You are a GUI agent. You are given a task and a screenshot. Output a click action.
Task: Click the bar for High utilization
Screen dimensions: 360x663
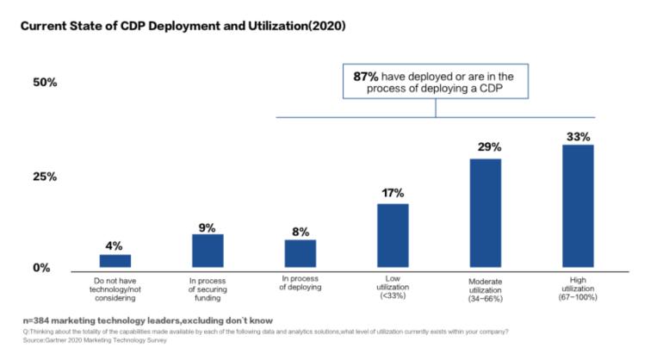578,207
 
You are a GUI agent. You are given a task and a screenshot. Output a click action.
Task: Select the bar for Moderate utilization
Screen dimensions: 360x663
486,214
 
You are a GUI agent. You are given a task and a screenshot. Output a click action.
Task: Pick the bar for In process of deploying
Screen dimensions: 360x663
301,254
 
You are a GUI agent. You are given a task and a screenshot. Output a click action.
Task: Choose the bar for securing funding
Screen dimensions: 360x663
208,251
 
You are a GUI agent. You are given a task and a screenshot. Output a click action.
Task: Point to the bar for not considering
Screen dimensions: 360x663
115,261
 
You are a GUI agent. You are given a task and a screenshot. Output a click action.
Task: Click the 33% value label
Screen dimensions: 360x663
578,135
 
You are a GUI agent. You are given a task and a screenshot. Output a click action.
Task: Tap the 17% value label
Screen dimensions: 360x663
393,193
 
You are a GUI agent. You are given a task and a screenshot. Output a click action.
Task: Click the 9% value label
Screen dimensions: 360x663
208,227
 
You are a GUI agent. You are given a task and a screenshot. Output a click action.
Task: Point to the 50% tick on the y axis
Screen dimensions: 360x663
45,83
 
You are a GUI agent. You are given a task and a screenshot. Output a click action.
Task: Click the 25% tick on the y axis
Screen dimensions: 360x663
45,177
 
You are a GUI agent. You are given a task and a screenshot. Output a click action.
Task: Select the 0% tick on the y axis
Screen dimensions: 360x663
41,268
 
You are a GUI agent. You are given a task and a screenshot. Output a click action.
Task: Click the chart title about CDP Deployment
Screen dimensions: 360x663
183,26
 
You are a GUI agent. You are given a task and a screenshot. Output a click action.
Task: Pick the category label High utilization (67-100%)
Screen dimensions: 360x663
578,286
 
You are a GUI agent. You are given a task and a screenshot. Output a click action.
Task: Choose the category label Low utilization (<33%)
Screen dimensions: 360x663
393,286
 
